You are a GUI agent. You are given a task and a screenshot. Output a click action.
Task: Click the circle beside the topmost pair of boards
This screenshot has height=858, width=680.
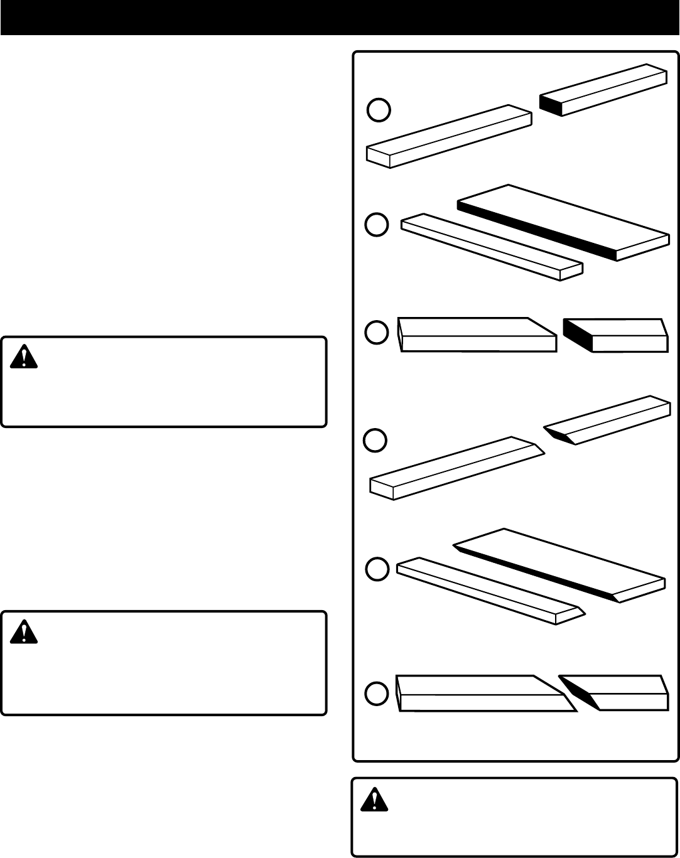(x=379, y=110)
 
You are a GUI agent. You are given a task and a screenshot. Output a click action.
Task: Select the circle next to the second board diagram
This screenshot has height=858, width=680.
(x=377, y=225)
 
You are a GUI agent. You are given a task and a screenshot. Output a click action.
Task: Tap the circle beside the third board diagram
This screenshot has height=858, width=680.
(x=377, y=333)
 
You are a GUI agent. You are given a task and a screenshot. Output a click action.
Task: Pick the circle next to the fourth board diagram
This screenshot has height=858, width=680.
(x=375, y=440)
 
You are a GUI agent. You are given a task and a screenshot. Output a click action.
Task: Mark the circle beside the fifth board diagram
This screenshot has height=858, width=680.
(x=377, y=569)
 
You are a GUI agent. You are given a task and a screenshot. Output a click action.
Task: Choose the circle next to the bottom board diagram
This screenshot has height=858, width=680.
(x=377, y=693)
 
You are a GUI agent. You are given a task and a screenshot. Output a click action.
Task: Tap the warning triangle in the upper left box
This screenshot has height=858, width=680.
(x=24, y=357)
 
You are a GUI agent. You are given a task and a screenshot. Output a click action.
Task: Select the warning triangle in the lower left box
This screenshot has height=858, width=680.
(x=24, y=631)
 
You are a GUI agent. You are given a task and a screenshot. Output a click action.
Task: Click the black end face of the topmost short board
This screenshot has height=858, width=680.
(x=550, y=104)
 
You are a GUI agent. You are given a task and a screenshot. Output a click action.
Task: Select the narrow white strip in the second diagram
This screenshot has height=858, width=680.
(x=490, y=247)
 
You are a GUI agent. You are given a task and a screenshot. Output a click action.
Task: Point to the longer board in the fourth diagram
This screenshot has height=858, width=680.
(x=455, y=468)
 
